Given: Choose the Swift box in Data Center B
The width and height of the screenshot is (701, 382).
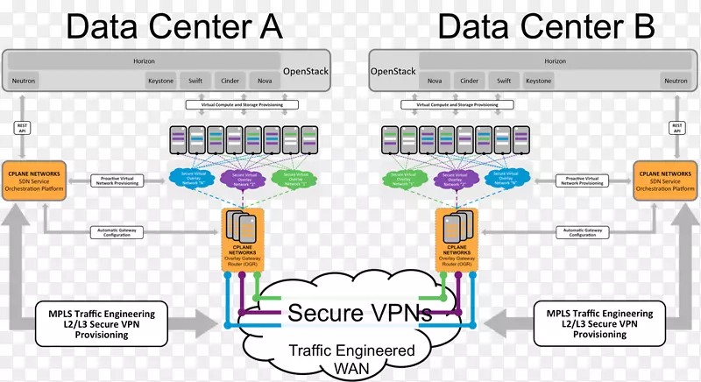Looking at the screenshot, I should [x=504, y=81].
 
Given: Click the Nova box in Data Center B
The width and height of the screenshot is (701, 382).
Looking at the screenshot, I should [x=435, y=81].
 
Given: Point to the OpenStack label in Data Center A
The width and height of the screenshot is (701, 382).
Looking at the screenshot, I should [x=305, y=72].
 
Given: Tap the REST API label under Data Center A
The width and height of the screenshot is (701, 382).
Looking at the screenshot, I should [x=24, y=128].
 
